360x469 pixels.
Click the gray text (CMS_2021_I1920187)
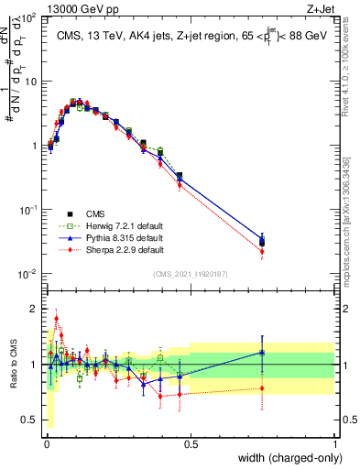coord(191,272)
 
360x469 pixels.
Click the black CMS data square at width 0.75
coord(262,242)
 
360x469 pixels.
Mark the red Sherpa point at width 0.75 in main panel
coord(262,251)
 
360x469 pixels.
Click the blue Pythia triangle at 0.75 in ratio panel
coord(262,352)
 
